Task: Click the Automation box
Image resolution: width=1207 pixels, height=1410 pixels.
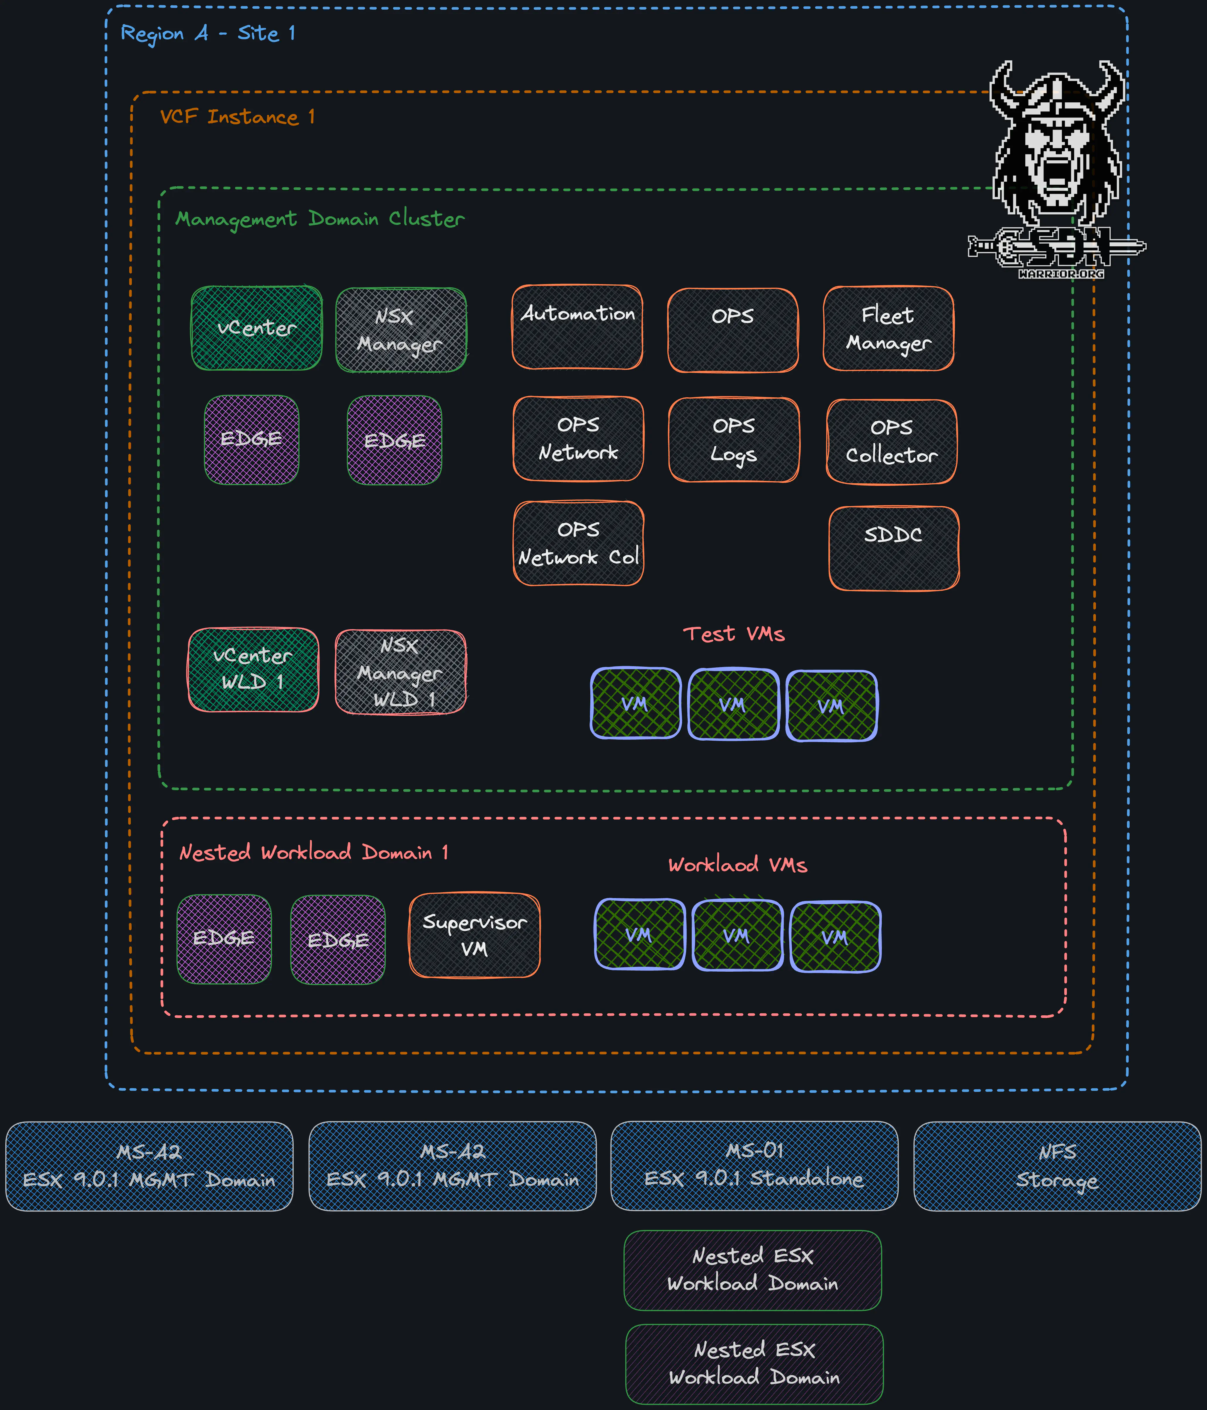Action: click(577, 327)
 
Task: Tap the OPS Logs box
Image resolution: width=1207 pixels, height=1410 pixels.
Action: click(733, 440)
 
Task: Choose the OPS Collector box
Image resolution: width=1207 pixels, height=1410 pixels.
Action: click(891, 442)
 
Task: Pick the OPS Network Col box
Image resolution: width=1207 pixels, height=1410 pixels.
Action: click(578, 543)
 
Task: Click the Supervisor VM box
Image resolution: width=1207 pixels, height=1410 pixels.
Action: click(474, 935)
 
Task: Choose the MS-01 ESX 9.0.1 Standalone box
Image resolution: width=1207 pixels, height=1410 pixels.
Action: click(754, 1165)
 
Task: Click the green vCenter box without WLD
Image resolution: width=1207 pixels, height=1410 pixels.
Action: click(256, 328)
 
